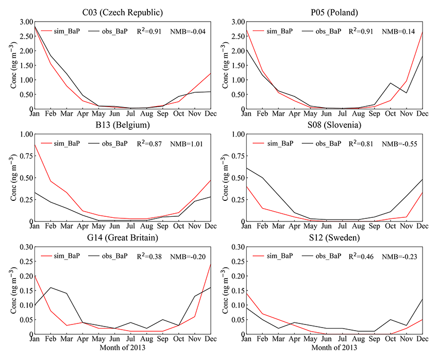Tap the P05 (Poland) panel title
(x=333, y=12)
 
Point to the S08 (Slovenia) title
(x=333, y=125)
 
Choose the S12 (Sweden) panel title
(x=333, y=237)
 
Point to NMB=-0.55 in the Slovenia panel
(x=399, y=144)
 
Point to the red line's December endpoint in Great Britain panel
(x=211, y=264)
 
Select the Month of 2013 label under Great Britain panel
(x=123, y=347)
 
